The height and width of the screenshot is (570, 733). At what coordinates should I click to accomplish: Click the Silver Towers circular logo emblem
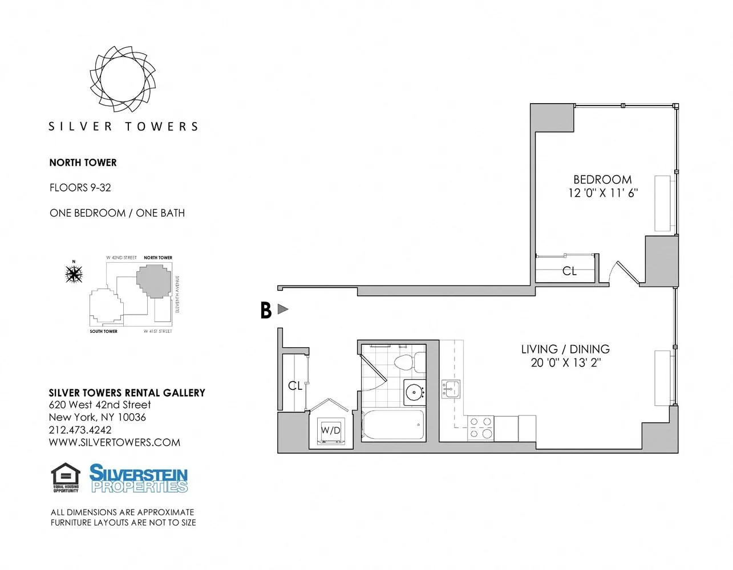[123, 78]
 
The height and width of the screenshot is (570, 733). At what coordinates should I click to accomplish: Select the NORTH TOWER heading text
[83, 162]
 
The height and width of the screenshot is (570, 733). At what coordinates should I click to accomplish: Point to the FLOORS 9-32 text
[80, 188]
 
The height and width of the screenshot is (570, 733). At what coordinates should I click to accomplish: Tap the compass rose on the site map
[74, 274]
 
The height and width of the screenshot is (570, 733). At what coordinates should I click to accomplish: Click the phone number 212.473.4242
[80, 430]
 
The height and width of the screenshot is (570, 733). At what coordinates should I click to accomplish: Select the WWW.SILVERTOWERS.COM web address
[114, 442]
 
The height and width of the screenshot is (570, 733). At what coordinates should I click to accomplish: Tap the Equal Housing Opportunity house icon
[66, 477]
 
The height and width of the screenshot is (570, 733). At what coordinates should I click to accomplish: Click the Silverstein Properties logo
[139, 478]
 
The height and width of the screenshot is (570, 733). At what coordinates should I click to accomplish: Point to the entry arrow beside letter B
[282, 309]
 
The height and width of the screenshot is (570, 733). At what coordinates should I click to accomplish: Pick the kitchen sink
[450, 389]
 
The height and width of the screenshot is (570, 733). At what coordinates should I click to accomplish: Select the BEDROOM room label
[602, 180]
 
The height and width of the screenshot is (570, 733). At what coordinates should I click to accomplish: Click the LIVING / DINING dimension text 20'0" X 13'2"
[565, 363]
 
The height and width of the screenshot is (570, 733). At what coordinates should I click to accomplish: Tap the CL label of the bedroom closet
[569, 271]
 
